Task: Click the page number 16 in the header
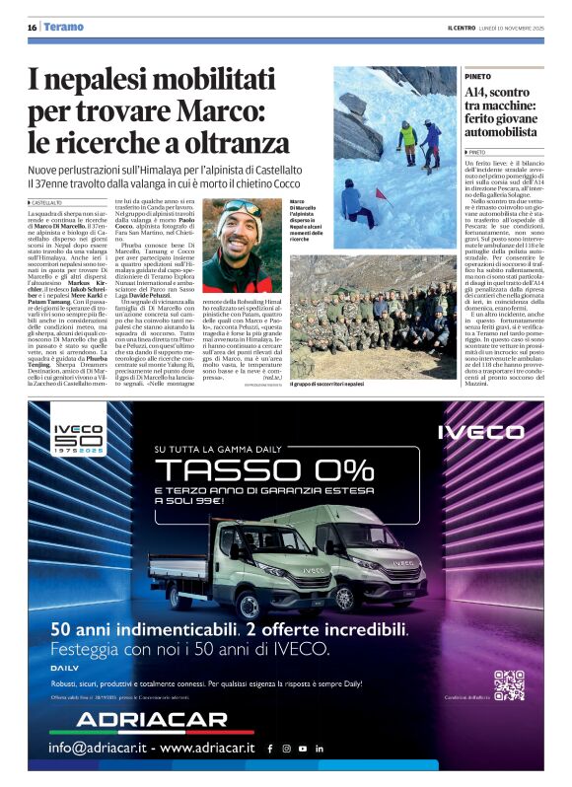[x=33, y=28]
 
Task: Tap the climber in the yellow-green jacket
[x=407, y=135]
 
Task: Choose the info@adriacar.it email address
[x=94, y=749]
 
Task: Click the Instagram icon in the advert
[x=286, y=749]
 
